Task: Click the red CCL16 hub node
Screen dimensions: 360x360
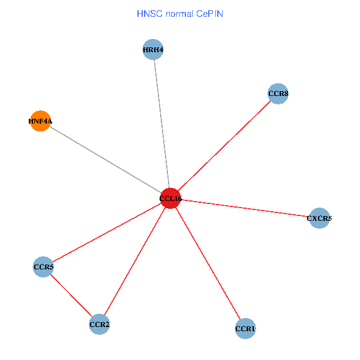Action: pos(170,198)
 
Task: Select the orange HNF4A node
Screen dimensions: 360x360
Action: pos(40,121)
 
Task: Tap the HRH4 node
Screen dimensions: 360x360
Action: pos(153,50)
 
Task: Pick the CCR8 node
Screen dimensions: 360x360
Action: pos(278,94)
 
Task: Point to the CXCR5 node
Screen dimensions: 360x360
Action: pos(319,218)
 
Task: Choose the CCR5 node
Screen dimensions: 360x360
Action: pos(43,266)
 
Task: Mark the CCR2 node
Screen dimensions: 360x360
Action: pos(99,325)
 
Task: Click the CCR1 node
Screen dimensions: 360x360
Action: pos(245,329)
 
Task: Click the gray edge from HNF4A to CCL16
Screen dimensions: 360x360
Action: pos(105,160)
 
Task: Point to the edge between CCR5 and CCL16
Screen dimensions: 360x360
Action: pos(107,232)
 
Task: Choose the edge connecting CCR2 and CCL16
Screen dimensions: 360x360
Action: pos(135,261)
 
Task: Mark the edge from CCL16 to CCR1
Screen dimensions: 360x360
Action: pos(208,263)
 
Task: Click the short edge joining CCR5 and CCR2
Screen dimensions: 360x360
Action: pos(71,295)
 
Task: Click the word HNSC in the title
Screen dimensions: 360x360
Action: pos(149,13)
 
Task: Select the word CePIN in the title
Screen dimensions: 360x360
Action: pos(208,13)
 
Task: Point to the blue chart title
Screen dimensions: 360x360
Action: pos(180,13)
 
